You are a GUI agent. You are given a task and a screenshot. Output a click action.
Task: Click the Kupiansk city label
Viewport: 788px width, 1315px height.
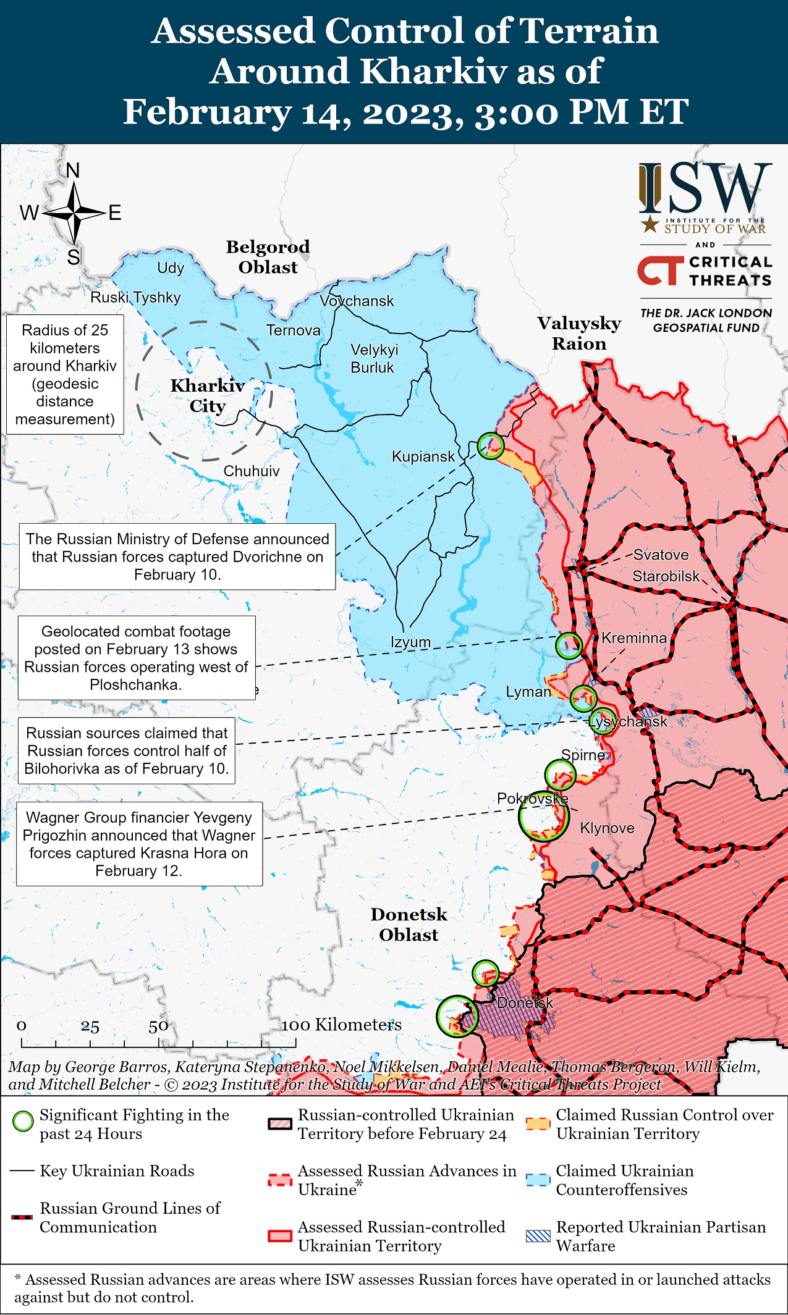[x=423, y=456]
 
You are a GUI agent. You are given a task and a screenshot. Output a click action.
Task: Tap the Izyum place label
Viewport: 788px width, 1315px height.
[x=410, y=642]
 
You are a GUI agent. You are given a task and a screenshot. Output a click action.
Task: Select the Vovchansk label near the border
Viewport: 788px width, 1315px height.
[x=357, y=301]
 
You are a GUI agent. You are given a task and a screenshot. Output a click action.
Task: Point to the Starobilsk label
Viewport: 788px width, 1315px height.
[x=666, y=576]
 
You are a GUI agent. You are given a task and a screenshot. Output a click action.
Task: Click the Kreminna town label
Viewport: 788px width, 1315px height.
[x=633, y=638]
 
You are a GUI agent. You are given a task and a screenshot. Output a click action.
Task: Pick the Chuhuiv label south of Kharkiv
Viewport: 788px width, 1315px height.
[x=251, y=471]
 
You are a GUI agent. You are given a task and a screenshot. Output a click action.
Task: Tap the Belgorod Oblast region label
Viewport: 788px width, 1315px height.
[x=268, y=257]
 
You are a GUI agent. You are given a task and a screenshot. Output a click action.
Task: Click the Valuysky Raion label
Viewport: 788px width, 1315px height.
[x=578, y=333]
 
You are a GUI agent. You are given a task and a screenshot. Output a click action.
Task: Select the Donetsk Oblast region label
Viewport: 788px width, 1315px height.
[x=409, y=925]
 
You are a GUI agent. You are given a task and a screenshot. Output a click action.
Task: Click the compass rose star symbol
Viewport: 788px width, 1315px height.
[x=74, y=213]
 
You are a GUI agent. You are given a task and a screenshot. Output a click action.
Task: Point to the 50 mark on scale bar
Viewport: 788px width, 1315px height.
[x=158, y=1027]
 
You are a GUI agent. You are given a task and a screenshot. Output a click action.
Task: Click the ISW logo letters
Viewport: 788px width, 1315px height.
[x=705, y=188]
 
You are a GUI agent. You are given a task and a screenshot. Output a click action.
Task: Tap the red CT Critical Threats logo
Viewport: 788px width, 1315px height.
[x=660, y=271]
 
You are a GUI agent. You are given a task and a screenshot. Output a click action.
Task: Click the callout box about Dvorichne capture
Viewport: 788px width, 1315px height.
[x=177, y=557]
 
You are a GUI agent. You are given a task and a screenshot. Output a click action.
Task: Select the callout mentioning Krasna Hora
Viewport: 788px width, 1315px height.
[x=139, y=844]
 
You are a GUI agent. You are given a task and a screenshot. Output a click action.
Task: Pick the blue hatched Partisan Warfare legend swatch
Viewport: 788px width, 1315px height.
[x=538, y=1236]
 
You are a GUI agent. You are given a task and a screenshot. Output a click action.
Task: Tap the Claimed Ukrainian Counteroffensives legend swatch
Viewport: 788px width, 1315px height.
[x=538, y=1180]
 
